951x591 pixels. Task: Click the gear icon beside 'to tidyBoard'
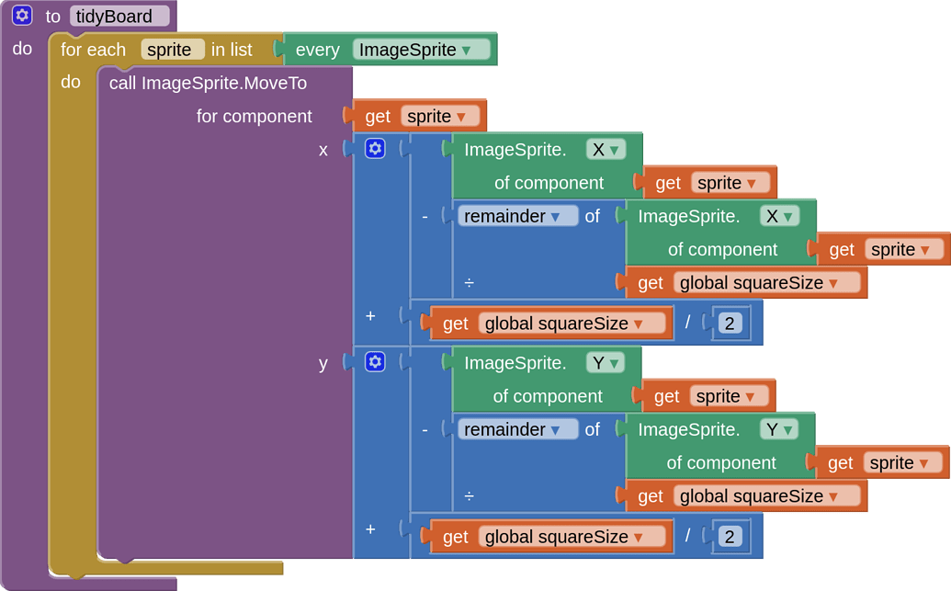22,16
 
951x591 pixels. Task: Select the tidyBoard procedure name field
119,17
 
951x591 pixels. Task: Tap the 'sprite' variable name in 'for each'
172,50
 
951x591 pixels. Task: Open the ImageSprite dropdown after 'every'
421,50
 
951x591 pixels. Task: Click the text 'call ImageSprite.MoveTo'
208,83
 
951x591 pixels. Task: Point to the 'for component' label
254,117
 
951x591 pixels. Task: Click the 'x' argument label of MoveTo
323,150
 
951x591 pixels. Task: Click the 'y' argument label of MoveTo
323,363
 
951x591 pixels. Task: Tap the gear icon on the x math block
375,149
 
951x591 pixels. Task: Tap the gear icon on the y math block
375,361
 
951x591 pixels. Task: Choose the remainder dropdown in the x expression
517,216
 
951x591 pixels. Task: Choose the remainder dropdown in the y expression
517,429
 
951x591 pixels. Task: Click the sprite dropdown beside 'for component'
441,117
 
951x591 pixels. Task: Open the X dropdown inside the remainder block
779,216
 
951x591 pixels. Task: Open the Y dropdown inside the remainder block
778,429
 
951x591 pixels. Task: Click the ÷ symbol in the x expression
469,283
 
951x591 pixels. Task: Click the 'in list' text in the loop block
232,50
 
